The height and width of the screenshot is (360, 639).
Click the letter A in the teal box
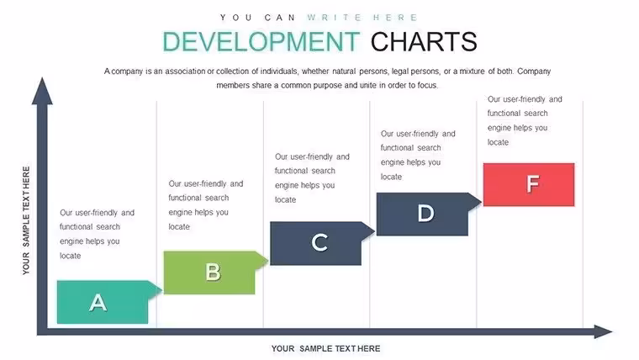click(98, 303)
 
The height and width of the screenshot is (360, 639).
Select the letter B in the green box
click(213, 272)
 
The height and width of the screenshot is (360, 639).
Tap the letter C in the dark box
click(319, 242)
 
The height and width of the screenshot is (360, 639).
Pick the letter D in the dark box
click(426, 214)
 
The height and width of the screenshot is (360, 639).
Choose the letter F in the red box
click(532, 183)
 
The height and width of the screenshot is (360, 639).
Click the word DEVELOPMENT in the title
click(261, 41)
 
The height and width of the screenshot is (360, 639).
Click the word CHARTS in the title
click(424, 41)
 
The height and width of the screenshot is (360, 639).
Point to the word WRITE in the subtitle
click(335, 18)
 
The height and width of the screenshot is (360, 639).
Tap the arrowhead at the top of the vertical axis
click(42, 91)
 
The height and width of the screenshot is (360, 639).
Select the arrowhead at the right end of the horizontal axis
click(603, 331)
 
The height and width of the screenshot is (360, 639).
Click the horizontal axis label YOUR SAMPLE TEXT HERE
click(325, 348)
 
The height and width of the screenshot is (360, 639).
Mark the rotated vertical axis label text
click(26, 220)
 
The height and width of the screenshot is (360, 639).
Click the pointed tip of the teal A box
click(161, 290)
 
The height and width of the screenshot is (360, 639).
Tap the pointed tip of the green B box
click(268, 261)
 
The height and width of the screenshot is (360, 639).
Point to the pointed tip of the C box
click(374, 231)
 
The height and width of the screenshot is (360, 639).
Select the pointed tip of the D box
click(481, 202)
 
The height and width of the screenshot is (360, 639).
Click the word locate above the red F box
click(498, 142)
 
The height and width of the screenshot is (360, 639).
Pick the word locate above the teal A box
click(70, 256)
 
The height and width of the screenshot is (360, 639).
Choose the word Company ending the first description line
click(534, 71)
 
